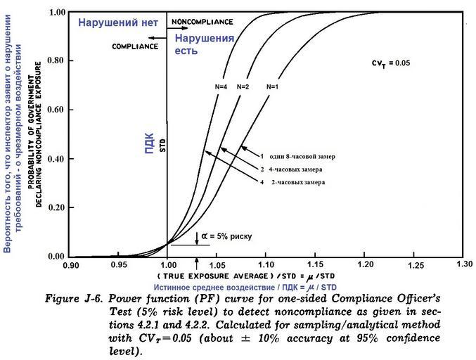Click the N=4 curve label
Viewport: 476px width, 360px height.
coord(221,86)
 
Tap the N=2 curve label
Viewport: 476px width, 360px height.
coord(243,86)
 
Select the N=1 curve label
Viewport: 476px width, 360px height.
coord(273,86)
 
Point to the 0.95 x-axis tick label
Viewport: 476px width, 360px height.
coord(119,265)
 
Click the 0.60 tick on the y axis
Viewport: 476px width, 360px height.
coord(56,110)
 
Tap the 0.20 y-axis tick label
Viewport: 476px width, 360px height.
coord(56,208)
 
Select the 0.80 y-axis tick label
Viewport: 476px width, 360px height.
coord(56,61)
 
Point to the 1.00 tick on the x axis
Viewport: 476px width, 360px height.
coord(168,265)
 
